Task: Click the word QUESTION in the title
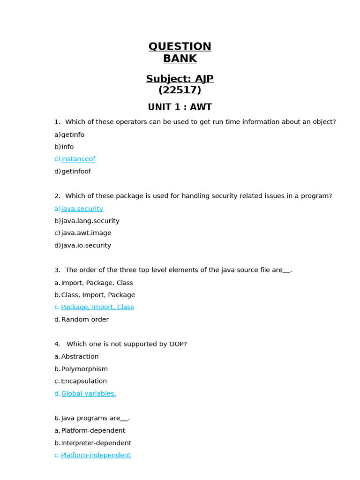coord(180,47)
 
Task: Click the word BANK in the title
coord(180,59)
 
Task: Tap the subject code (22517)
coord(180,90)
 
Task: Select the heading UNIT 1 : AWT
coord(180,107)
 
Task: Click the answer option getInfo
coord(73,135)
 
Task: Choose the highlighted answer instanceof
coord(78,159)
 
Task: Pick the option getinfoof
coord(76,172)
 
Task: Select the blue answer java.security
coord(82,209)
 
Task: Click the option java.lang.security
coord(90,221)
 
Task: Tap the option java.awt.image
coord(86,233)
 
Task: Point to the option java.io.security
coord(86,246)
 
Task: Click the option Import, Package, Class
coord(97,283)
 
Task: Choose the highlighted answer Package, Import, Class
coord(97,307)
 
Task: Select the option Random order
coord(85,320)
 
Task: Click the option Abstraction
coord(80,357)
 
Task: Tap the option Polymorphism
coord(84,369)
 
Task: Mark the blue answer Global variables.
coord(89,394)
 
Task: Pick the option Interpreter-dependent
coord(96,443)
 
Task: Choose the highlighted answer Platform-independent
coord(96,455)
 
